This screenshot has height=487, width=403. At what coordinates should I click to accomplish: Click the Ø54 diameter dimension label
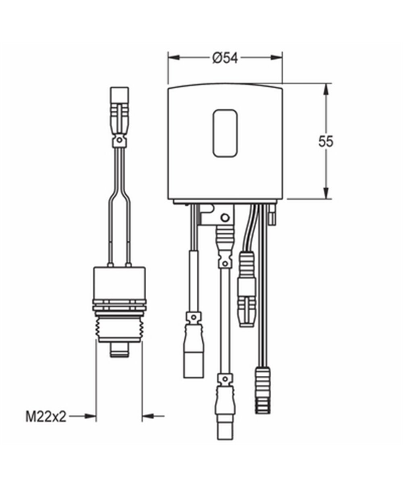225,58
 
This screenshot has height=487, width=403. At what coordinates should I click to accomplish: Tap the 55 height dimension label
326,142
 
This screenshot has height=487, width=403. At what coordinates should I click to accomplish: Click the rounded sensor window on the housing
225,133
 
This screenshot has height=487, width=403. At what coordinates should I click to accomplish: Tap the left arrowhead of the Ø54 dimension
174,58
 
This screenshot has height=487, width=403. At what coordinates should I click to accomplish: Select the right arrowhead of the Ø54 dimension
276,58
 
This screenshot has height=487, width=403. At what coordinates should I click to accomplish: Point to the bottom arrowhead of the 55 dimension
326,193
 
